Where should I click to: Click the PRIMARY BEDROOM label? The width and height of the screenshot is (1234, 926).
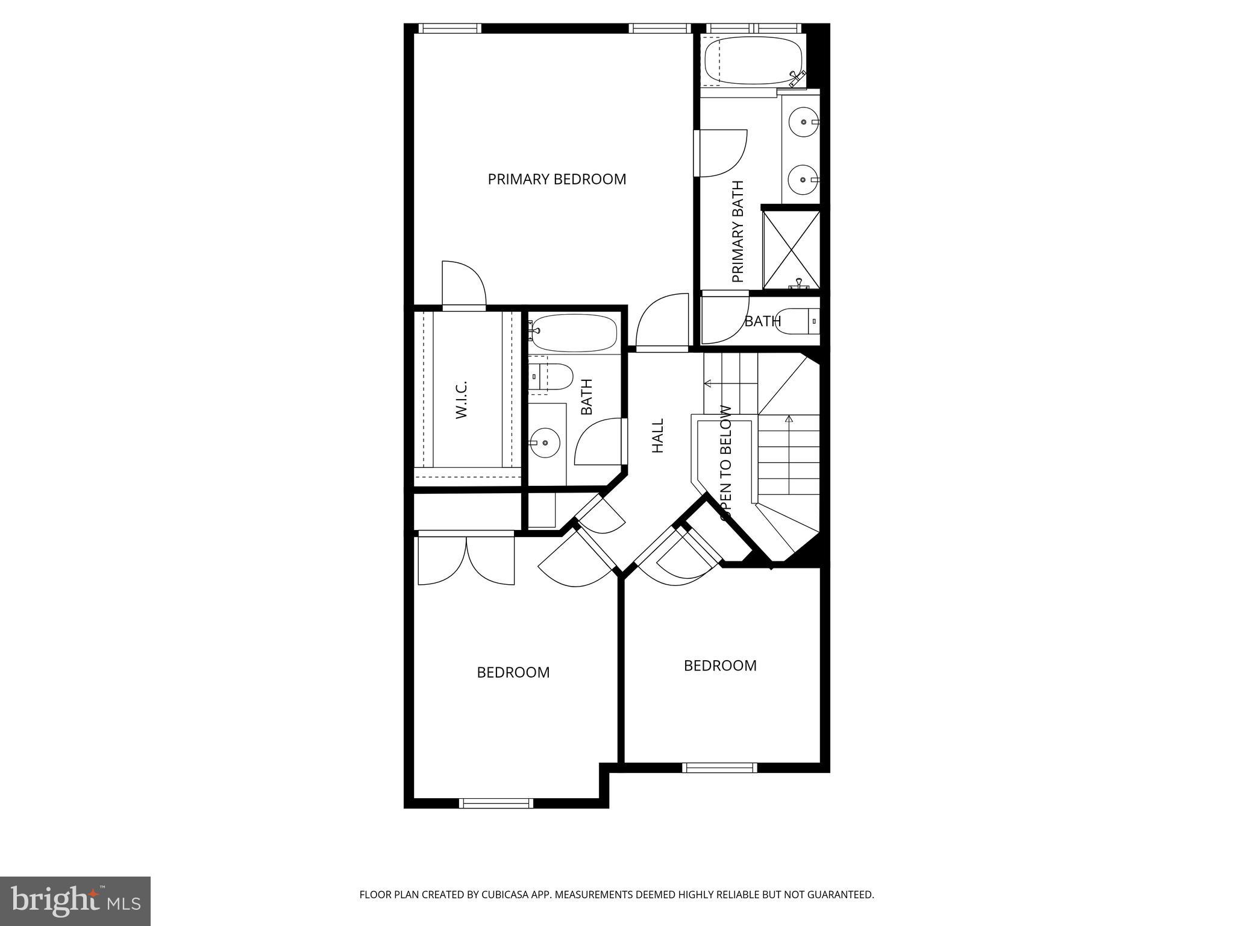tap(557, 179)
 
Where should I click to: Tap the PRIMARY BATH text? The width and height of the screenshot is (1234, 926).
tap(738, 231)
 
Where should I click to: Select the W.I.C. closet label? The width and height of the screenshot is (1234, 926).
tap(462, 400)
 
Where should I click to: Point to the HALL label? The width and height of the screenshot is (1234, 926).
tap(657, 435)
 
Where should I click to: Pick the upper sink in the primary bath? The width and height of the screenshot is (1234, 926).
tap(803, 122)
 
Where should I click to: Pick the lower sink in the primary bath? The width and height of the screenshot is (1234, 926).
tap(803, 180)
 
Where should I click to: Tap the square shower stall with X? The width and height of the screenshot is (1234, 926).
tap(791, 249)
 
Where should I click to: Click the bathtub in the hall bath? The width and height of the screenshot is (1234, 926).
tap(574, 333)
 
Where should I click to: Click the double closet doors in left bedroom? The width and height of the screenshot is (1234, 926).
tap(466, 559)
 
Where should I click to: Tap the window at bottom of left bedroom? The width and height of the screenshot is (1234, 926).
tap(496, 803)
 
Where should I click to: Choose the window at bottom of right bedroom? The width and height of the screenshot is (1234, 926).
tap(719, 767)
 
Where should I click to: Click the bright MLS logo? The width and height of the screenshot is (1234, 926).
tap(75, 900)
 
